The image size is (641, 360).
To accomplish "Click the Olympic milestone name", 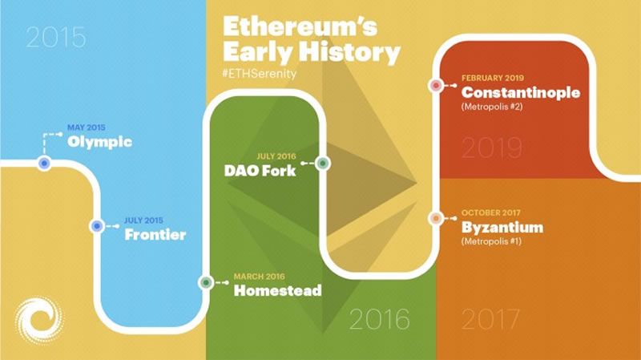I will coord(100,143).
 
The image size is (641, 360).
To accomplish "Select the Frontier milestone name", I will coord(155,235).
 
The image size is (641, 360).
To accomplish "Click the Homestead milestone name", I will coord(277,290).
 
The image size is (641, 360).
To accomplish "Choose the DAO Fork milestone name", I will coord(260,171).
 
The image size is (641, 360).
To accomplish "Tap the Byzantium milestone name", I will coord(502,227).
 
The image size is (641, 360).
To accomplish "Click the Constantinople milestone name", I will coord(520,92).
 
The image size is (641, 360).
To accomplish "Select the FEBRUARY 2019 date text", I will coord(492,79).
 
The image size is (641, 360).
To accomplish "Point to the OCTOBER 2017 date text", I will coord(490,213).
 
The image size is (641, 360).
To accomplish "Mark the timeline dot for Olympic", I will coord(45,163).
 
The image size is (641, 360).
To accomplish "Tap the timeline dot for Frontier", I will coord(96,227).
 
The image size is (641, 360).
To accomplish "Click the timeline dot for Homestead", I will coord(206,282).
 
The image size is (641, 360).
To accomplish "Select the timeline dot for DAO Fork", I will coord(323,163).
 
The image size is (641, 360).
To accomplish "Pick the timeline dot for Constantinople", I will coord(436,84).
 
